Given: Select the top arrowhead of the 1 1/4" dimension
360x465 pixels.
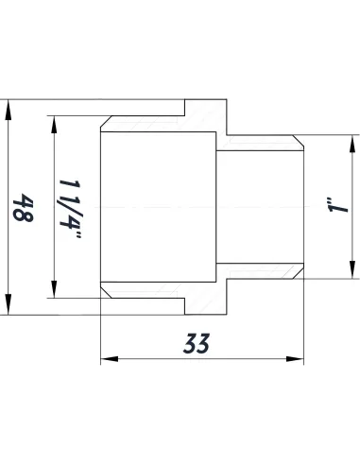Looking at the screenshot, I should [x=53, y=124].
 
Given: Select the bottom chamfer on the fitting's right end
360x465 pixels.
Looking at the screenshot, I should [x=301, y=274].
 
